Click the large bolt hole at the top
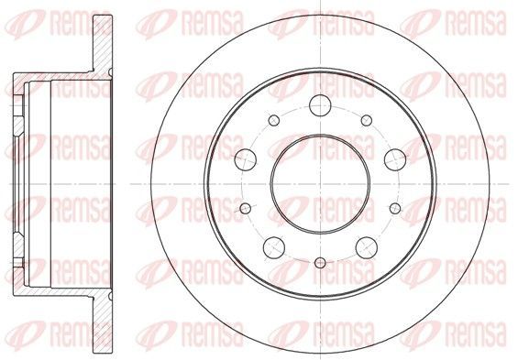pyautogui.click(x=320, y=105)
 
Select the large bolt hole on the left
pyautogui.click(x=246, y=159)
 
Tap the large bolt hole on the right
pyautogui.click(x=395, y=159)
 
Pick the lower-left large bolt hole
pyautogui.click(x=274, y=247)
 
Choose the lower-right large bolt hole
pyautogui.click(x=367, y=247)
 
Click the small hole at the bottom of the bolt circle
pyautogui.click(x=320, y=263)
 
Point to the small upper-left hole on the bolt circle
pyautogui.click(x=274, y=120)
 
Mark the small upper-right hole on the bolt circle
pyautogui.click(x=367, y=120)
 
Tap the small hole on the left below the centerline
pyautogui.click(x=246, y=208)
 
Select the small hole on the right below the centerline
pyautogui.click(x=395, y=208)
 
